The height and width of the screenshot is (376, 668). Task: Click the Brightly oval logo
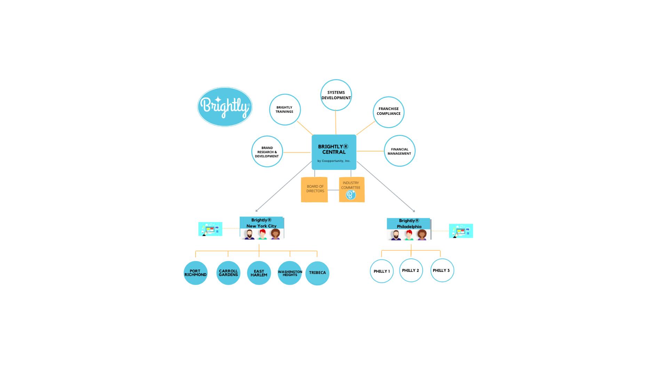pos(225,107)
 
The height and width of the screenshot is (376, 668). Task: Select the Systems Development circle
pos(336,95)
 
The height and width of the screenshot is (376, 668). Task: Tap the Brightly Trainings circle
pos(285,110)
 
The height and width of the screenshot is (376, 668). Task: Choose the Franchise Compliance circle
pos(388,112)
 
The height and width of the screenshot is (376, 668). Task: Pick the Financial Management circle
pos(399,151)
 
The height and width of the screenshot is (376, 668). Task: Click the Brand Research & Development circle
pos(267,151)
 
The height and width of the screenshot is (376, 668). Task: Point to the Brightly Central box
pos(334,152)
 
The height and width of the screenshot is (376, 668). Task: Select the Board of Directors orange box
pos(315,189)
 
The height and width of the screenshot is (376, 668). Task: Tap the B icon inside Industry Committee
pos(351,195)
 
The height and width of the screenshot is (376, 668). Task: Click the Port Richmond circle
pos(196,273)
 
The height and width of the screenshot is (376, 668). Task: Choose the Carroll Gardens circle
pos(228,273)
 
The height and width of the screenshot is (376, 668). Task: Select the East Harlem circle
pos(259,273)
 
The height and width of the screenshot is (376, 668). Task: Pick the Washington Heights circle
pos(289,273)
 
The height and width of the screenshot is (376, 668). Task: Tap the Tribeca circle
pos(317,273)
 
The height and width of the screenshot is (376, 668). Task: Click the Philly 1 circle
pos(382,271)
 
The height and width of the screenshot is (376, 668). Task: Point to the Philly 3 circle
pos(442,271)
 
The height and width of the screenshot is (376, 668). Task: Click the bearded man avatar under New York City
pos(249,234)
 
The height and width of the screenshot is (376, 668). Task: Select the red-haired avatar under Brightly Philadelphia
pos(409,235)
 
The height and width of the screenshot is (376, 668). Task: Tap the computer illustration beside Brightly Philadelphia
pos(461,231)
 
